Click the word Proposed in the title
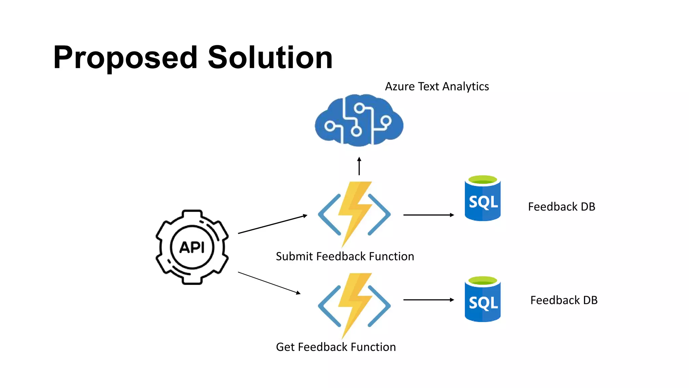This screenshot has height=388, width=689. click(x=125, y=58)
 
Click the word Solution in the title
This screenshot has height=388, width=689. click(x=270, y=58)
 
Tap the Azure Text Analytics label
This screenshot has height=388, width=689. click(x=437, y=87)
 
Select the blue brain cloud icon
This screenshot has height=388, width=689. click(x=359, y=121)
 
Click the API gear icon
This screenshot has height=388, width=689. click(x=192, y=247)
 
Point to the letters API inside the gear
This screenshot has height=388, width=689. click(x=192, y=248)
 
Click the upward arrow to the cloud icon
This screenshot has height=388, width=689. click(x=359, y=166)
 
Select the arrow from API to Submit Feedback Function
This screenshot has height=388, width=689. click(x=273, y=224)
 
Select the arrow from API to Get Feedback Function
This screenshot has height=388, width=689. click(x=269, y=283)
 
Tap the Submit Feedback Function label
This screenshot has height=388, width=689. click(x=345, y=257)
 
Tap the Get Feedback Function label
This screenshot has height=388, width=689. click(x=336, y=347)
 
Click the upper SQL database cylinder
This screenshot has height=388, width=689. click(x=483, y=202)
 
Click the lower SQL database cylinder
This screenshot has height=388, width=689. click(x=483, y=302)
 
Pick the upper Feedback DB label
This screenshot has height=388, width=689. click(x=561, y=207)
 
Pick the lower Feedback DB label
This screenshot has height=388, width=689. click(x=564, y=300)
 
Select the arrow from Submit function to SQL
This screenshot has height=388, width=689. click(x=429, y=215)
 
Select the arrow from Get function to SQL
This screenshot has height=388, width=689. click(x=429, y=300)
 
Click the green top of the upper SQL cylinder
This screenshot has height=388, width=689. click(x=483, y=180)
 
